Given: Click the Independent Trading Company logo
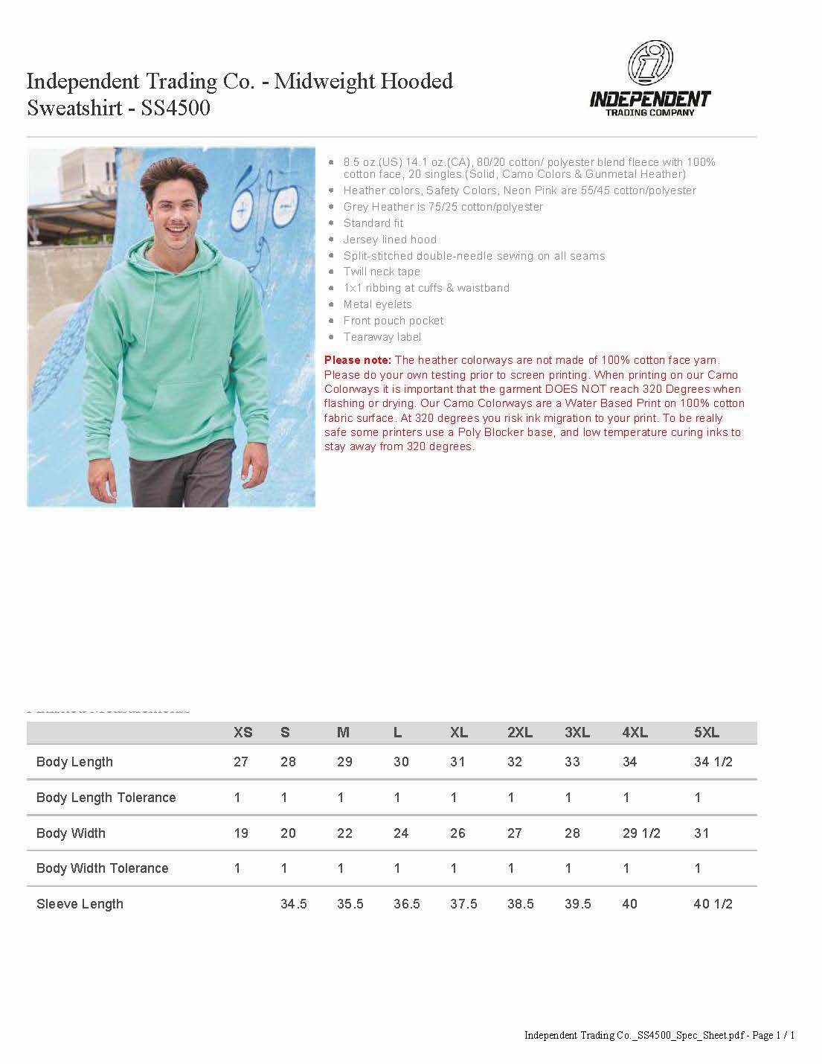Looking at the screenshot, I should click(x=650, y=79).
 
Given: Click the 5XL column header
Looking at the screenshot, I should click(x=706, y=733).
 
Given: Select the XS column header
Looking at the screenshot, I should click(x=243, y=733).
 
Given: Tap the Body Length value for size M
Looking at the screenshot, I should click(x=344, y=762).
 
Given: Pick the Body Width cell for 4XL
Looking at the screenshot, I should click(x=640, y=833).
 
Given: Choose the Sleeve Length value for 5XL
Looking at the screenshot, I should click(x=713, y=904).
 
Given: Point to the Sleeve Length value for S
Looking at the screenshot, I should click(x=294, y=904).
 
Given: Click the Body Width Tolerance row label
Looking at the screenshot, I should click(x=102, y=868).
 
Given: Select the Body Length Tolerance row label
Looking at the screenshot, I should click(x=106, y=798).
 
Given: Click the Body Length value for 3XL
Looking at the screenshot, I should click(x=572, y=762).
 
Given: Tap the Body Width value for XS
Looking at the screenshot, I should click(x=241, y=833).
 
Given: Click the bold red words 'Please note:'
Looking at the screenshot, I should click(x=358, y=361).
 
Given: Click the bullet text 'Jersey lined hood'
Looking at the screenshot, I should click(x=390, y=240).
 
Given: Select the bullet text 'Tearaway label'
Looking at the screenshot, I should click(x=382, y=337).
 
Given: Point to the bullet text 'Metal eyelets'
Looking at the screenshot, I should click(x=377, y=304).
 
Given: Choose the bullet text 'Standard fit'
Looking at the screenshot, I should click(x=373, y=223).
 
